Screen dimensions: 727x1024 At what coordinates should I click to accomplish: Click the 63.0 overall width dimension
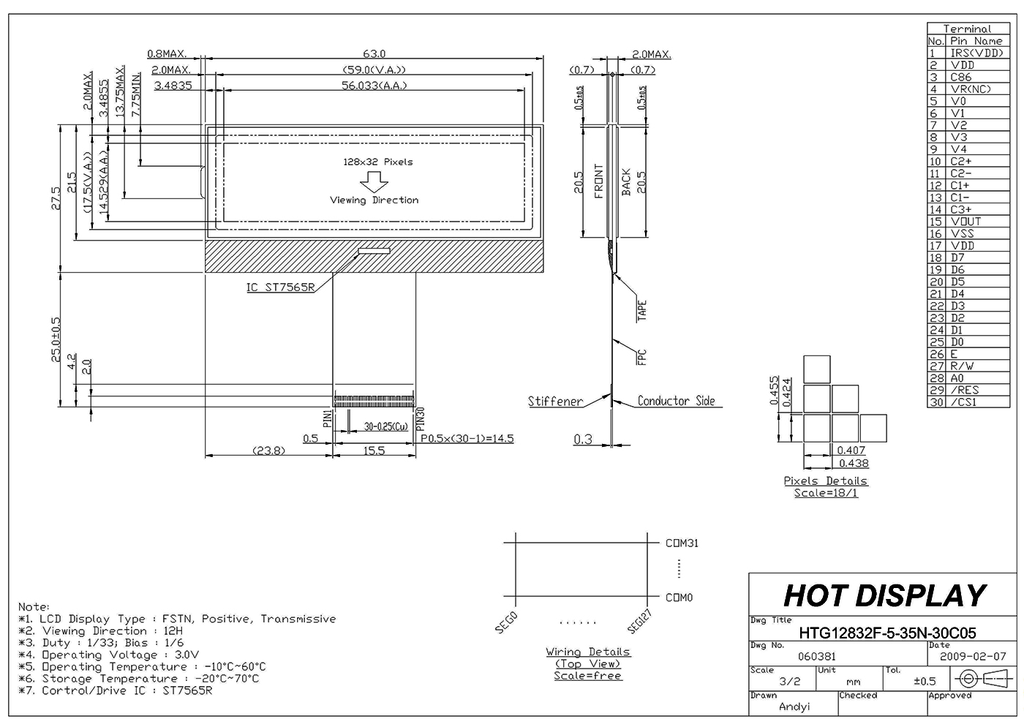tap(374, 53)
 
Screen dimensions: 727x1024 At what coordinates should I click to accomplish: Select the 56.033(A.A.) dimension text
tap(374, 86)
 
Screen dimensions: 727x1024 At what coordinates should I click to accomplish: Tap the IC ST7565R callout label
tap(280, 287)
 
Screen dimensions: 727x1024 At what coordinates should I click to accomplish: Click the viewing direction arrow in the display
tap(374, 181)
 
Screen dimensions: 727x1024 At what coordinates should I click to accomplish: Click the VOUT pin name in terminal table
tap(965, 222)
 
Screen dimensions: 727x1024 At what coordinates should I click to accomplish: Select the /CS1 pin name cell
tap(963, 402)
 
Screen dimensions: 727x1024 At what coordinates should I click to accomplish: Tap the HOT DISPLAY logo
tap(884, 596)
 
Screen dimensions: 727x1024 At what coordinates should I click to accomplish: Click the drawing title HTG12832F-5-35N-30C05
tap(887, 633)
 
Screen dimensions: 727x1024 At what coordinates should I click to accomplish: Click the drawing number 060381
tap(816, 657)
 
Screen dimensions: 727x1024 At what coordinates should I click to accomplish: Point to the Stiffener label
tap(555, 402)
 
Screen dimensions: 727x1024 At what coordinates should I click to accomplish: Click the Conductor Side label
tap(675, 401)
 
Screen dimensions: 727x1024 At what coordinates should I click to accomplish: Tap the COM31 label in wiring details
tap(682, 543)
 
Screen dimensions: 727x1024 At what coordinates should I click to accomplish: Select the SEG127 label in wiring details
tap(639, 621)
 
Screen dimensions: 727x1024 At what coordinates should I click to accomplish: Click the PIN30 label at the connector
tap(421, 418)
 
